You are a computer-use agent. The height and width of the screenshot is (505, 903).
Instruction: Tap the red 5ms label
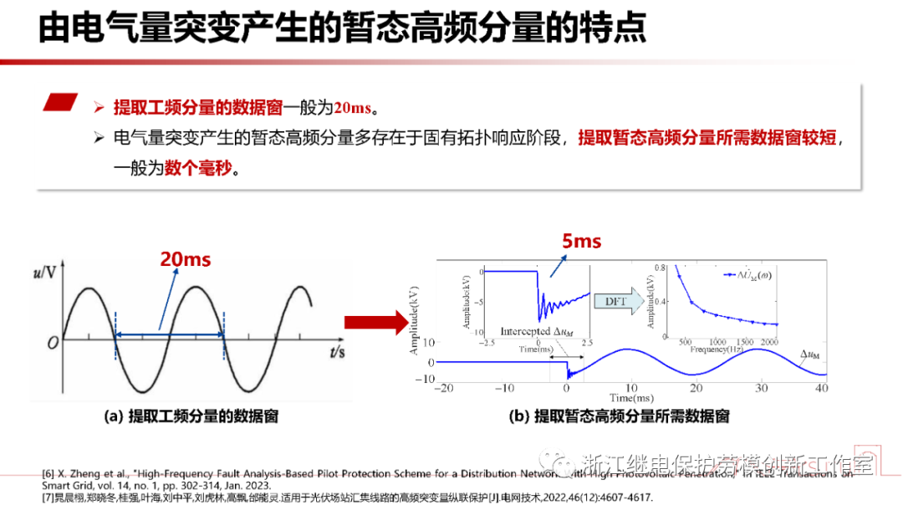(x=580, y=242)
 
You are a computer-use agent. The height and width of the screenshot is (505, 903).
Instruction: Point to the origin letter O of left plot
(x=52, y=343)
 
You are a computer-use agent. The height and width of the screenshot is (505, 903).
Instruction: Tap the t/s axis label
(x=338, y=352)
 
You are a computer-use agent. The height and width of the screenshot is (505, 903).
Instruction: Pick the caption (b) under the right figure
(x=620, y=415)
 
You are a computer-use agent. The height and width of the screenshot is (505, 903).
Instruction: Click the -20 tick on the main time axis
(x=443, y=388)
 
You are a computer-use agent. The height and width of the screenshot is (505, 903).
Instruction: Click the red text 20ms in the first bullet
(x=353, y=108)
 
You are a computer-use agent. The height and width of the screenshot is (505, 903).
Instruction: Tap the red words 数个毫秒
(x=197, y=168)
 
